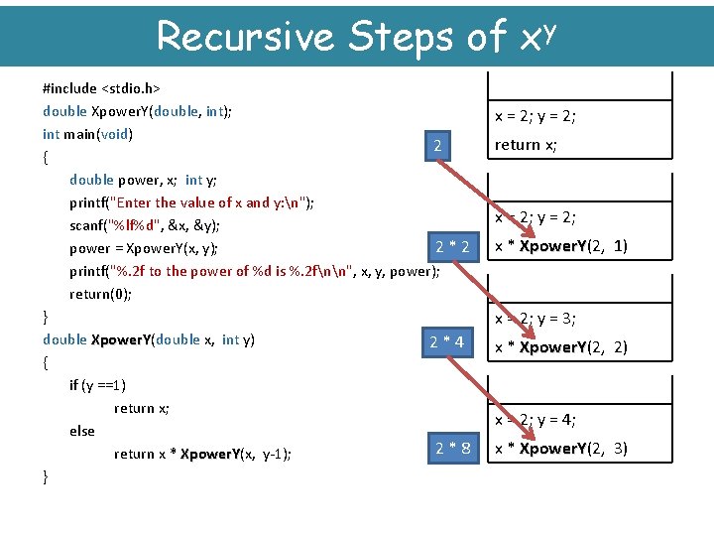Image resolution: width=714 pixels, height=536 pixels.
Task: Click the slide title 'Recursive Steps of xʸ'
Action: click(356, 36)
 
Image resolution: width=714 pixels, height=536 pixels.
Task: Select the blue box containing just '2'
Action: click(436, 148)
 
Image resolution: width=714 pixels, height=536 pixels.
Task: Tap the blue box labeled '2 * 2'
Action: click(451, 245)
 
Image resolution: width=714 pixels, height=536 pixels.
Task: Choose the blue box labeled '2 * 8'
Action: click(452, 448)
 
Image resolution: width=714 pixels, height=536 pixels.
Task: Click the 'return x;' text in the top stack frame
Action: click(526, 145)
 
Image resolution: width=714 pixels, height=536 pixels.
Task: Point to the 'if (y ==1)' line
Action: click(97, 385)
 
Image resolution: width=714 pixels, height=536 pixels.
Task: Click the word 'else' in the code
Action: click(82, 431)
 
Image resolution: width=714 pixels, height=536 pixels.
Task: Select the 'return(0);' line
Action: click(100, 294)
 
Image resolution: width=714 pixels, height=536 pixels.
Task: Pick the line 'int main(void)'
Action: click(88, 133)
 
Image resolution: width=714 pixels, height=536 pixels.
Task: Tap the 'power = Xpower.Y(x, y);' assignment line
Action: click(144, 248)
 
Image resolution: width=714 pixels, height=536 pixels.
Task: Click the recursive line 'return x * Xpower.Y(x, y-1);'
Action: click(202, 454)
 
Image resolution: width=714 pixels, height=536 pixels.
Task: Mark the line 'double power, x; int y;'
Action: click(143, 180)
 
